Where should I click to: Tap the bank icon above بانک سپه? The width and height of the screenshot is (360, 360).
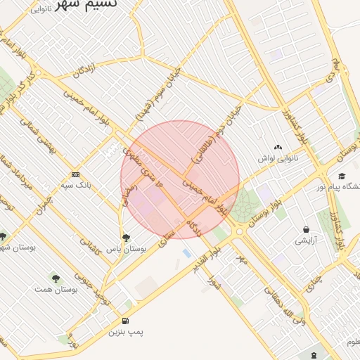click(76, 174)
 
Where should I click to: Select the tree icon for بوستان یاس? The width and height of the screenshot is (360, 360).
click(126, 238)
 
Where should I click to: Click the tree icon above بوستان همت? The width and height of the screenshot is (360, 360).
click(56, 278)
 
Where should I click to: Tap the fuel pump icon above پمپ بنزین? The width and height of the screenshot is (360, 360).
click(125, 321)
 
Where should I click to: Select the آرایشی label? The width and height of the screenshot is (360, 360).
click(306, 240)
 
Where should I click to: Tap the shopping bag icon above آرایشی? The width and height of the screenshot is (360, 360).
click(306, 229)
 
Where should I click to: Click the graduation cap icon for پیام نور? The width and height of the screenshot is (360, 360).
click(342, 176)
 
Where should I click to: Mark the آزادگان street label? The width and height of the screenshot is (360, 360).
click(79, 68)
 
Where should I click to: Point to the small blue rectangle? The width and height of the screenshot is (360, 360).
click(186, 252)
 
